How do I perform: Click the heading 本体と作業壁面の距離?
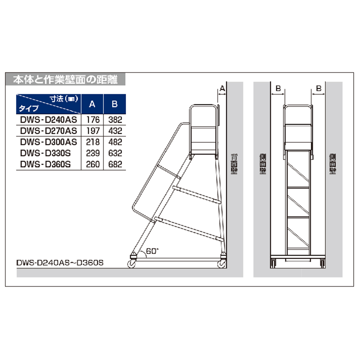click(x=65, y=80)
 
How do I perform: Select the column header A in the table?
click(x=92, y=104)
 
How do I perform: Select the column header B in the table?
click(x=115, y=104)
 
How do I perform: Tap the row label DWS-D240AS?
click(x=49, y=120)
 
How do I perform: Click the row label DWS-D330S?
click(x=45, y=153)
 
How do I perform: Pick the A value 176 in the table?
click(x=93, y=120)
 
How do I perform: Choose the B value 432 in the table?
click(x=115, y=131)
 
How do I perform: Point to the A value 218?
click(x=93, y=142)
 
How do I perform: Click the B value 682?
click(x=115, y=164)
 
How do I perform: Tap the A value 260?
click(x=93, y=164)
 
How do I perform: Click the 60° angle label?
click(x=152, y=251)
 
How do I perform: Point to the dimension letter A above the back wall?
click(x=222, y=88)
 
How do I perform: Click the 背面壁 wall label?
click(x=234, y=164)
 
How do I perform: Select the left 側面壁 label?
click(x=263, y=164)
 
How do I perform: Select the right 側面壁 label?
click(x=333, y=164)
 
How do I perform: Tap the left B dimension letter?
click(x=278, y=88)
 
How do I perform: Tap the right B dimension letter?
click(x=319, y=88)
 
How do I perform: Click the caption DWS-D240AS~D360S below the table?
click(x=60, y=263)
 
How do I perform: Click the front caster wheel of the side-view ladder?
click(x=131, y=264)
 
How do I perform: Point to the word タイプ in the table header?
click(x=29, y=108)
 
